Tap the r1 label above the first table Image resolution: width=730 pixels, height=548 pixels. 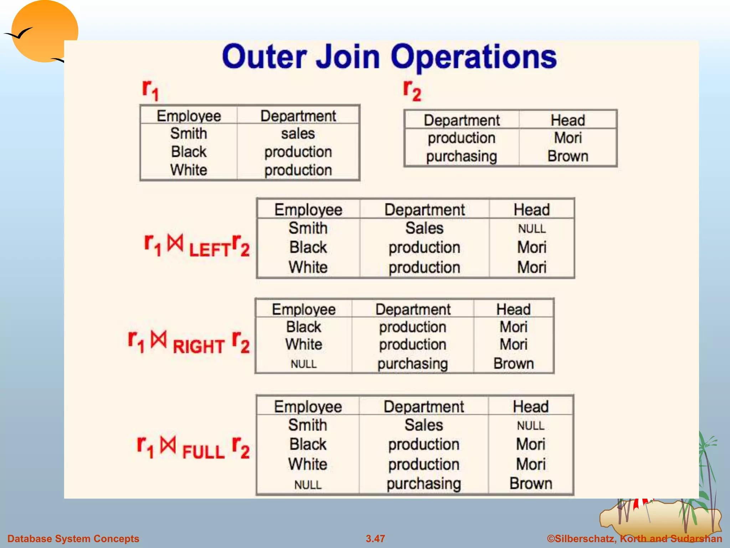(x=150, y=90)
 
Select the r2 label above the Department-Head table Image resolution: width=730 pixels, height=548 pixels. (x=412, y=91)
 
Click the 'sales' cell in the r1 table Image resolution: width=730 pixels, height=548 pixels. (x=298, y=134)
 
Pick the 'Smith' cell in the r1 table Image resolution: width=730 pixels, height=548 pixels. (x=189, y=134)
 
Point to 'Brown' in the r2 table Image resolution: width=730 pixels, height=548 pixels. (x=568, y=156)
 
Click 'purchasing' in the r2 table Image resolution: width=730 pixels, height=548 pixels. (x=462, y=156)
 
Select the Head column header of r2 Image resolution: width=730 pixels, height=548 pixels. (x=568, y=120)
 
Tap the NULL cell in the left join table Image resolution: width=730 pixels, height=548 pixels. (x=532, y=229)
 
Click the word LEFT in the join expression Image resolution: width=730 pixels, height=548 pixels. (x=210, y=249)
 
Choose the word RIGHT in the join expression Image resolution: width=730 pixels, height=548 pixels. (x=199, y=346)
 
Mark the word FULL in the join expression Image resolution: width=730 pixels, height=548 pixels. (x=204, y=452)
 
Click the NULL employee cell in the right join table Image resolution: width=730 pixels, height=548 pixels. (x=304, y=364)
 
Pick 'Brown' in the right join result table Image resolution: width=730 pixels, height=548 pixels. (x=514, y=364)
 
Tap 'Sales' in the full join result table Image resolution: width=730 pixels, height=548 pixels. (x=424, y=425)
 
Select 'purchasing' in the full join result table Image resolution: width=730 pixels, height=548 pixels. (x=424, y=483)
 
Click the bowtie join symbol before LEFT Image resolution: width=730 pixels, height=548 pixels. (x=175, y=243)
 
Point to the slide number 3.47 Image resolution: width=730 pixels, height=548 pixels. (x=375, y=538)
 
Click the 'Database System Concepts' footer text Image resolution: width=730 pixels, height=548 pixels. (x=73, y=538)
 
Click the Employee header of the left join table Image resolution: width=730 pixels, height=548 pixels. (x=308, y=210)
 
